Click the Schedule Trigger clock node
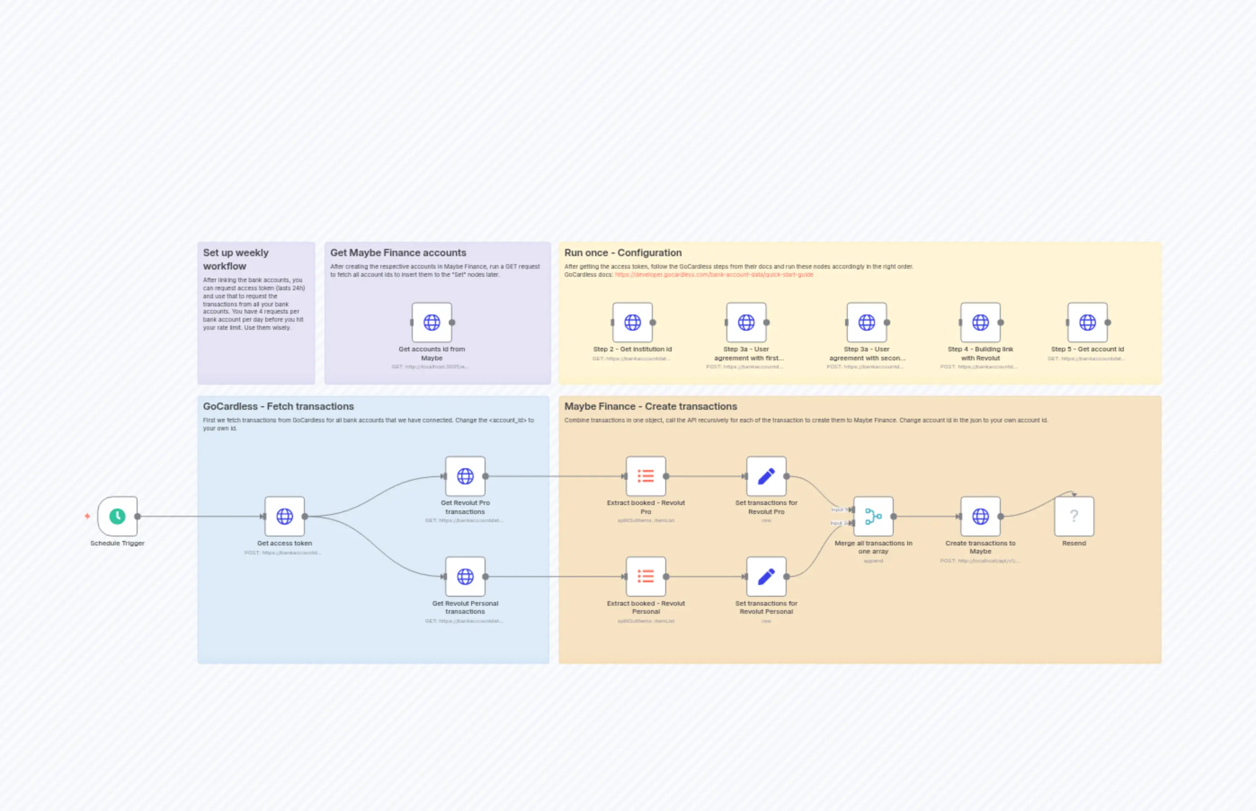(x=117, y=516)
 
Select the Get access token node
(x=285, y=516)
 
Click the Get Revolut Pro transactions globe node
(x=465, y=476)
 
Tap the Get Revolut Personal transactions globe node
(x=465, y=576)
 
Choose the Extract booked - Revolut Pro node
(x=646, y=476)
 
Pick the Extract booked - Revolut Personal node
(x=646, y=576)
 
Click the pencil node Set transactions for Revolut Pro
(x=766, y=476)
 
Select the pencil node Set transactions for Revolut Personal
(x=766, y=576)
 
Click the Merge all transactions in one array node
(x=873, y=516)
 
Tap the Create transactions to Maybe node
(x=980, y=516)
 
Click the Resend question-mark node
(x=1073, y=516)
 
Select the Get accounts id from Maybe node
(x=432, y=322)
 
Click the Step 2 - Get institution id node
(x=632, y=322)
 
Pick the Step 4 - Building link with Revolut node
(x=980, y=322)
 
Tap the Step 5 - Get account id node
(x=1087, y=322)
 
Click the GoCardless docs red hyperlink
(x=714, y=275)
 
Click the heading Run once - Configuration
(x=623, y=253)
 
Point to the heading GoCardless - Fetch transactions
(x=278, y=407)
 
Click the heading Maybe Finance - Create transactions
(x=650, y=407)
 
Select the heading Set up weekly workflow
(x=236, y=259)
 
